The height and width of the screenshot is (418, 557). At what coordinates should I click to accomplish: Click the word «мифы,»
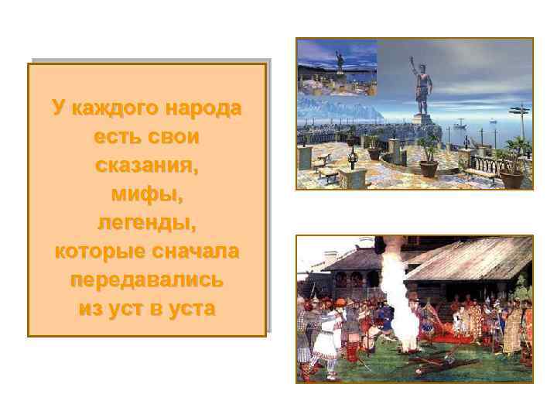tap(146, 194)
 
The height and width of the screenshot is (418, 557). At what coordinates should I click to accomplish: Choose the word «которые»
tap(96, 252)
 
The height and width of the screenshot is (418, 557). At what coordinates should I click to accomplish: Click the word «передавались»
tap(146, 280)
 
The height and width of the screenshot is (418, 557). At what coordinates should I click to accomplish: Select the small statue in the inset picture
tap(338, 61)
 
